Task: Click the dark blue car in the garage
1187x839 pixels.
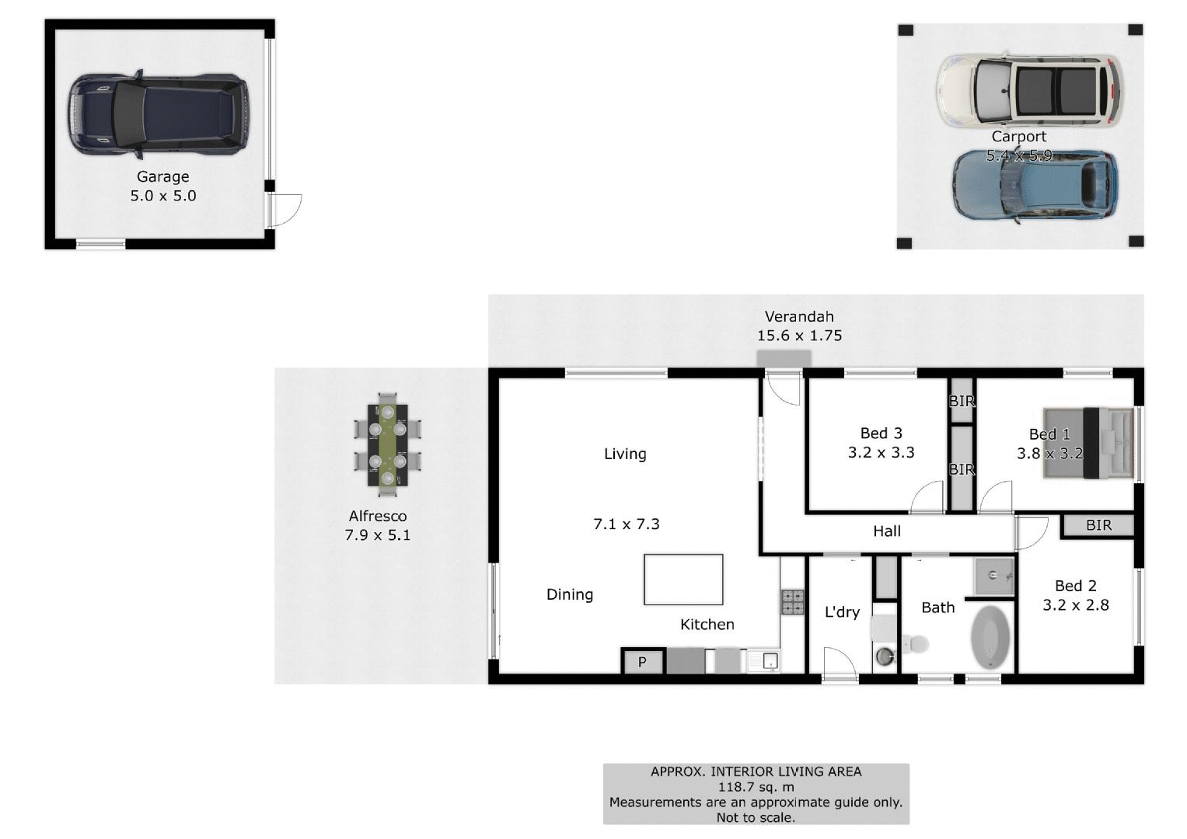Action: coord(159,115)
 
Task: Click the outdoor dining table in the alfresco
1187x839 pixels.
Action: coord(387,445)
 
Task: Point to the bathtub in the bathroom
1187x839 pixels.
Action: coord(990,637)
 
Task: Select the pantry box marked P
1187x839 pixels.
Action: coord(642,662)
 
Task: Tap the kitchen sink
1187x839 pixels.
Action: coord(765,661)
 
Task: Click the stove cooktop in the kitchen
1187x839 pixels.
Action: coord(792,602)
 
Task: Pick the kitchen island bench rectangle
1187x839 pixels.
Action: coord(683,580)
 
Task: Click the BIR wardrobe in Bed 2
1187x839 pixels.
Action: coord(1098,526)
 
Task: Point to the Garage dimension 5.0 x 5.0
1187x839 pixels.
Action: coord(163,196)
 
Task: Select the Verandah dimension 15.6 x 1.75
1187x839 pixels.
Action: coord(799,336)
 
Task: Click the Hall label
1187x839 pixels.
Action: coord(886,531)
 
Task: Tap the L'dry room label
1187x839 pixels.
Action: coord(842,612)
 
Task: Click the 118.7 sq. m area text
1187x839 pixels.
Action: coord(756,787)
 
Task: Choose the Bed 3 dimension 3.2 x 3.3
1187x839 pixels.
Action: coord(881,452)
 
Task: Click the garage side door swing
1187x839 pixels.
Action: coord(285,210)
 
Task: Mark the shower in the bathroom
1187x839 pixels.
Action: coord(994,576)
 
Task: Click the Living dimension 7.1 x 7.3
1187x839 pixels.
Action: coord(626,524)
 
